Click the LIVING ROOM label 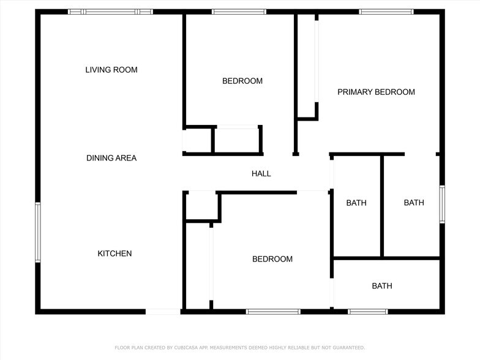click(x=111, y=70)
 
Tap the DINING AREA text click(x=111, y=158)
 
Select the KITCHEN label click(x=114, y=253)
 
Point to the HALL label click(x=261, y=174)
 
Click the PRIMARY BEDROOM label click(x=376, y=92)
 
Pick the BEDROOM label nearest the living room click(x=242, y=81)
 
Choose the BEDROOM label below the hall click(x=272, y=259)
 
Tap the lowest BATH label click(x=382, y=286)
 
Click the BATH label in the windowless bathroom click(x=356, y=203)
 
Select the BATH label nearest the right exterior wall click(x=414, y=203)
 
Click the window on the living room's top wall click(x=110, y=12)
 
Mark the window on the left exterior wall click(x=38, y=233)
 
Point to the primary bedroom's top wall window click(x=386, y=12)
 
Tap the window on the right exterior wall click(x=441, y=204)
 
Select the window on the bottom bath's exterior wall click(x=367, y=312)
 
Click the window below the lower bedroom click(x=273, y=312)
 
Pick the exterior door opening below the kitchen click(x=163, y=312)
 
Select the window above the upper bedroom click(x=239, y=12)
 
